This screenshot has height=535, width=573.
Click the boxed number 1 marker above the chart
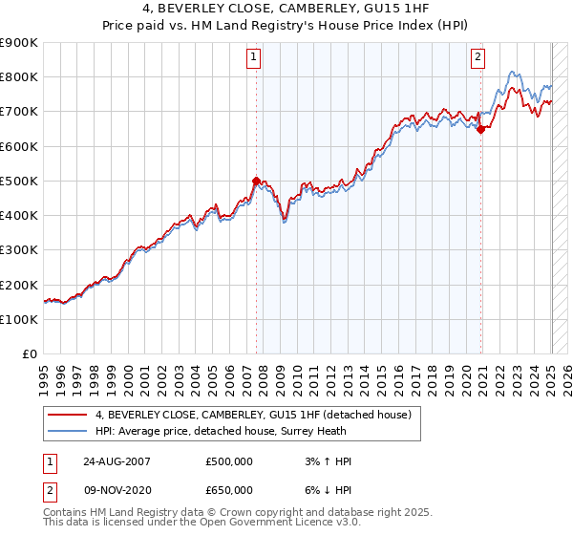click(255, 57)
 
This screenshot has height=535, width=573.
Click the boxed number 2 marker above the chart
click(477, 57)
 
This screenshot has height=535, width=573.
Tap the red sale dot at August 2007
click(256, 181)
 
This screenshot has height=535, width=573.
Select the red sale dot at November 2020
click(480, 130)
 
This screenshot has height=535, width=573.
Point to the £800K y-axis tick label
click(19, 77)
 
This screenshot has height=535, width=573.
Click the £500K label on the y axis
click(19, 181)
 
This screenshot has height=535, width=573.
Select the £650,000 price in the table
click(229, 489)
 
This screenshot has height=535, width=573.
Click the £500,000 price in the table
click(229, 461)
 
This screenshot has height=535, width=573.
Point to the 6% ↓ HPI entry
click(326, 489)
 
